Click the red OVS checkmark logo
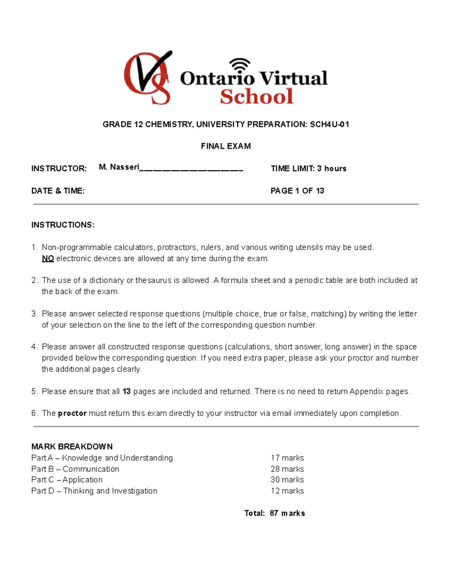[x=148, y=78]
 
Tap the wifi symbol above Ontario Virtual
[x=240, y=64]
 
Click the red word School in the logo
[x=257, y=96]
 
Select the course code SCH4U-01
[x=329, y=124]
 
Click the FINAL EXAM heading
[x=226, y=146]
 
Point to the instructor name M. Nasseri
[x=119, y=167]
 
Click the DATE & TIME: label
[x=58, y=191]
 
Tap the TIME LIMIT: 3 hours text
[x=308, y=168]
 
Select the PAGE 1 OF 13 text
[x=297, y=191]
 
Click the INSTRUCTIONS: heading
[x=63, y=225]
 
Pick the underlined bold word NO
[x=48, y=258]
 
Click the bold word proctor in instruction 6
[x=72, y=413]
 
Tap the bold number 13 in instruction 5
[x=127, y=391]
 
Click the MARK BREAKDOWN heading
[x=72, y=446]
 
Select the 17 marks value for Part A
[x=287, y=458]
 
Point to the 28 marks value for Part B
[x=287, y=469]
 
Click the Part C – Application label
[x=67, y=480]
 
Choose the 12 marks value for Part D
[x=287, y=491]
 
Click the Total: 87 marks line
[x=275, y=513]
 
